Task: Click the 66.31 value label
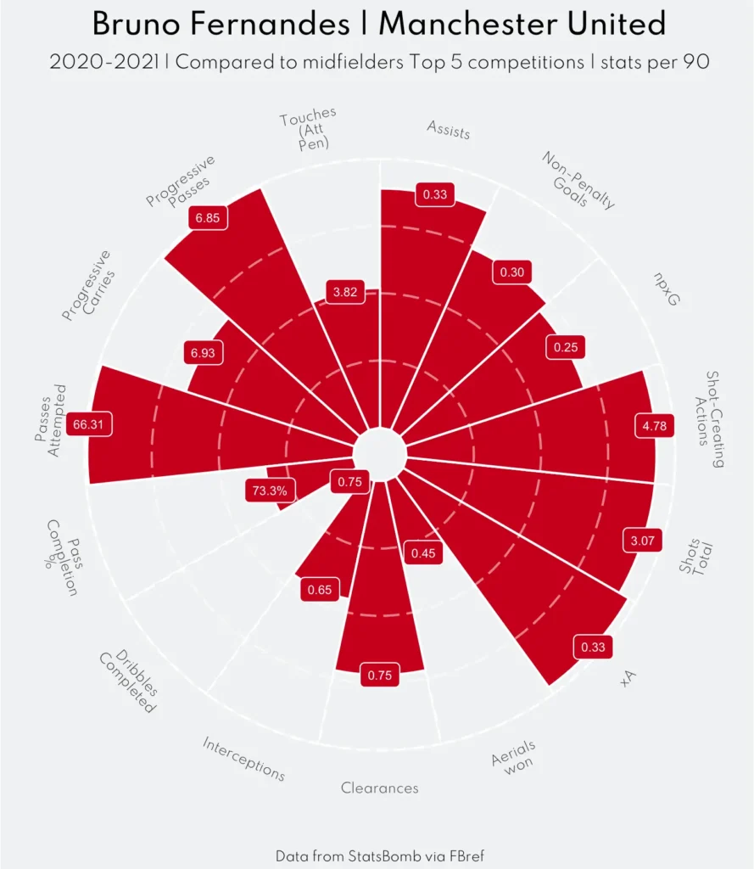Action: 92,424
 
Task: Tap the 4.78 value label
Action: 654,426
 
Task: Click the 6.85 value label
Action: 207,218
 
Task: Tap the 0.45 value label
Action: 423,554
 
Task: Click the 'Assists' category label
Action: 449,130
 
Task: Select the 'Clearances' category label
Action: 380,788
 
